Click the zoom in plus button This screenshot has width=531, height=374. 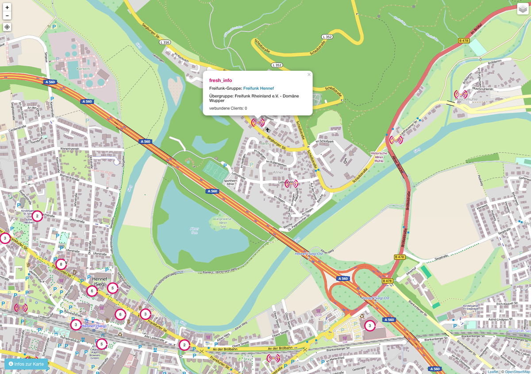click(7, 8)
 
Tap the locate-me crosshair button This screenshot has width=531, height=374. click(7, 27)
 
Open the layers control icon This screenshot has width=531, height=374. click(523, 9)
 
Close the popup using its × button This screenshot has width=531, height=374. click(309, 75)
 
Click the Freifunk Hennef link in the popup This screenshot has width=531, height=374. click(258, 88)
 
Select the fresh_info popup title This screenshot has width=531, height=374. click(220, 80)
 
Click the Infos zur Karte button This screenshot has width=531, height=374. click(26, 364)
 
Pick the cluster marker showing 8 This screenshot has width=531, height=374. click(61, 264)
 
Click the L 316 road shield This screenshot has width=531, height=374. click(165, 42)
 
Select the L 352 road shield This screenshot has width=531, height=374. click(277, 65)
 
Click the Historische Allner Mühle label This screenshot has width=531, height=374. click(378, 157)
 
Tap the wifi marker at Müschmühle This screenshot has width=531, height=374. click(461, 94)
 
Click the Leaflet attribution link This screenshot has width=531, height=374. click(493, 371)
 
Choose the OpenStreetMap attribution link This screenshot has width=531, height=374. click(516, 371)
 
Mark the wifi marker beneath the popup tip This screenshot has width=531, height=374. click(258, 122)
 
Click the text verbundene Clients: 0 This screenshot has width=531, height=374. click(228, 108)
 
